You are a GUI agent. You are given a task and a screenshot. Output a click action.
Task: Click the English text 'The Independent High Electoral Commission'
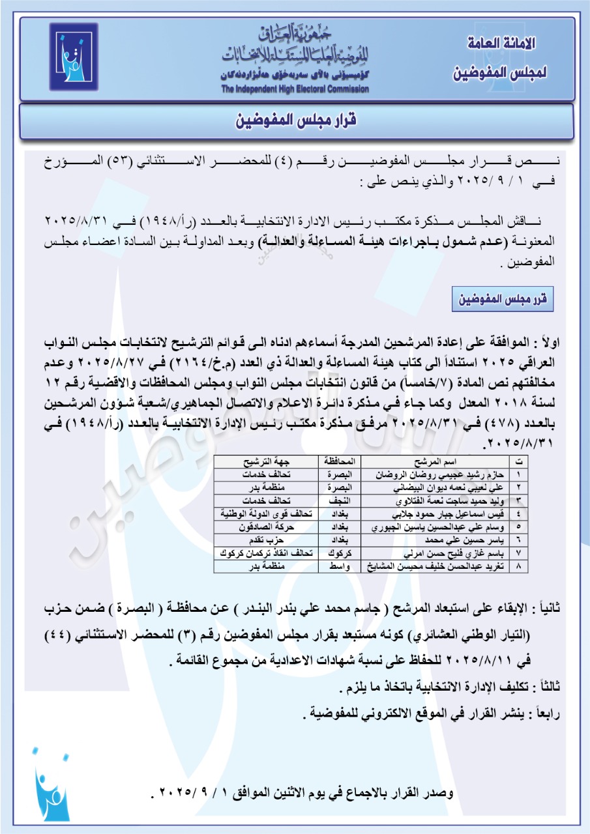click(295, 89)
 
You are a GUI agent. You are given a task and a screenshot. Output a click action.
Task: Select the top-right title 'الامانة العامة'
click(503, 45)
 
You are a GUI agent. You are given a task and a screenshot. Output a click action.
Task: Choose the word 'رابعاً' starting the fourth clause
click(548, 713)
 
